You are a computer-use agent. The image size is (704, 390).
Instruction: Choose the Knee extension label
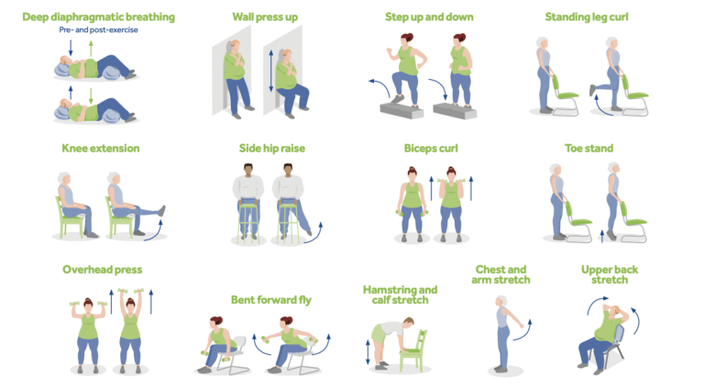(x=101, y=148)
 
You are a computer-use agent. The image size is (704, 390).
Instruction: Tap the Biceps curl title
(x=431, y=148)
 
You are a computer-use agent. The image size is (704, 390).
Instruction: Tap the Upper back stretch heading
(x=610, y=274)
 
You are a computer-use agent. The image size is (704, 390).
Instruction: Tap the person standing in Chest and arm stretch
(x=503, y=335)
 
